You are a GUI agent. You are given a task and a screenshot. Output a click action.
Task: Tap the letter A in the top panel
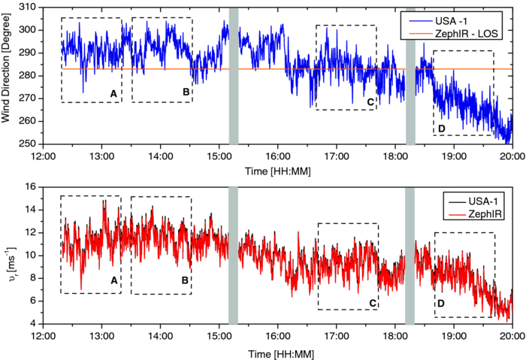click(113, 94)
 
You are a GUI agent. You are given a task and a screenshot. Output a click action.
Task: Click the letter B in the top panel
click(185, 94)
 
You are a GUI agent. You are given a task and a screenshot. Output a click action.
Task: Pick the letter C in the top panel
click(370, 102)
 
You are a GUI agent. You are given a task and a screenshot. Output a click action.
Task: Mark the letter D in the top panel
click(441, 129)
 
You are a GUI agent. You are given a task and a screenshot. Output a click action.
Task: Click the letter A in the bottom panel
click(113, 280)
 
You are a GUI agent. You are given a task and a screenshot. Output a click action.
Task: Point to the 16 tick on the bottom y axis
click(32, 187)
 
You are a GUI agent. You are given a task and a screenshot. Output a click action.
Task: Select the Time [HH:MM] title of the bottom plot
click(277, 352)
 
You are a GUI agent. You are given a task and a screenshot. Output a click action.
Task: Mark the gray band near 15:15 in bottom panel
click(233, 256)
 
